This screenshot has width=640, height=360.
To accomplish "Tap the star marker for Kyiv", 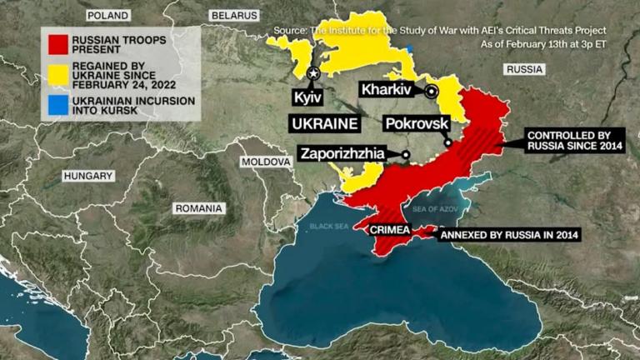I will (x=314, y=74).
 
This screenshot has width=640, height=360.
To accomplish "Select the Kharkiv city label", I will (x=389, y=89).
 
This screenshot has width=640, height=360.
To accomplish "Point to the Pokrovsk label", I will (x=417, y=123).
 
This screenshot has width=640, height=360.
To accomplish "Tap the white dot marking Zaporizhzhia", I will (x=405, y=154).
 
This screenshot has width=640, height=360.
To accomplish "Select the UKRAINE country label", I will (x=324, y=123).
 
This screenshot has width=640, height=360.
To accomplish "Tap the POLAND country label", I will (x=107, y=16).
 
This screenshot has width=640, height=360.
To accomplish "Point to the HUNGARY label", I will (x=88, y=176).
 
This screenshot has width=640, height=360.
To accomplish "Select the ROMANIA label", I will (x=198, y=207).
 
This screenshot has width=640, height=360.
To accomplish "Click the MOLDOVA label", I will (x=264, y=162).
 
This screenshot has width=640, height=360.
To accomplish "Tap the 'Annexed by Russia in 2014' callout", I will (x=509, y=235).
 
